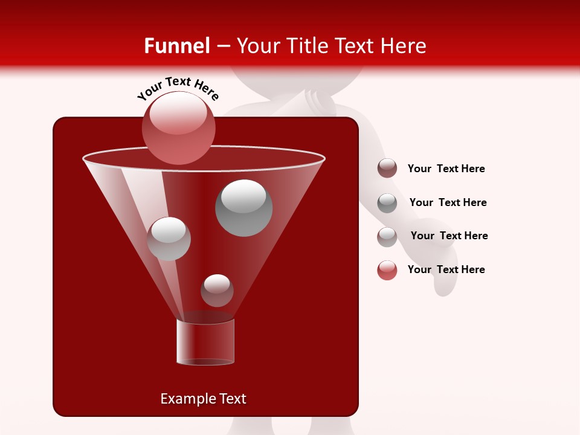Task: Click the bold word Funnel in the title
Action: click(176, 45)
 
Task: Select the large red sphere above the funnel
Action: click(179, 127)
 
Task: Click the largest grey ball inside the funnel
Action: click(243, 208)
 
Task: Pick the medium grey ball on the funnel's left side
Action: click(169, 239)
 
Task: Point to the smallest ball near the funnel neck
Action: click(217, 290)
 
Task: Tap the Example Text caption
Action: click(203, 399)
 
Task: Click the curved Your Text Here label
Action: click(178, 88)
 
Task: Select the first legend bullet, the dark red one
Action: click(387, 169)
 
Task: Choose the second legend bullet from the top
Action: click(387, 202)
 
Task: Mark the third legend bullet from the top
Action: click(387, 236)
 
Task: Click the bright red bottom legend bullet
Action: click(387, 270)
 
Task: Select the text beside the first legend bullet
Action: click(446, 169)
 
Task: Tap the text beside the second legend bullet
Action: click(448, 202)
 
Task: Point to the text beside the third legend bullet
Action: click(449, 236)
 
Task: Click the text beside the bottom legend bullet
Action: click(446, 269)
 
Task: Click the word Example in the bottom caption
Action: click(184, 399)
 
